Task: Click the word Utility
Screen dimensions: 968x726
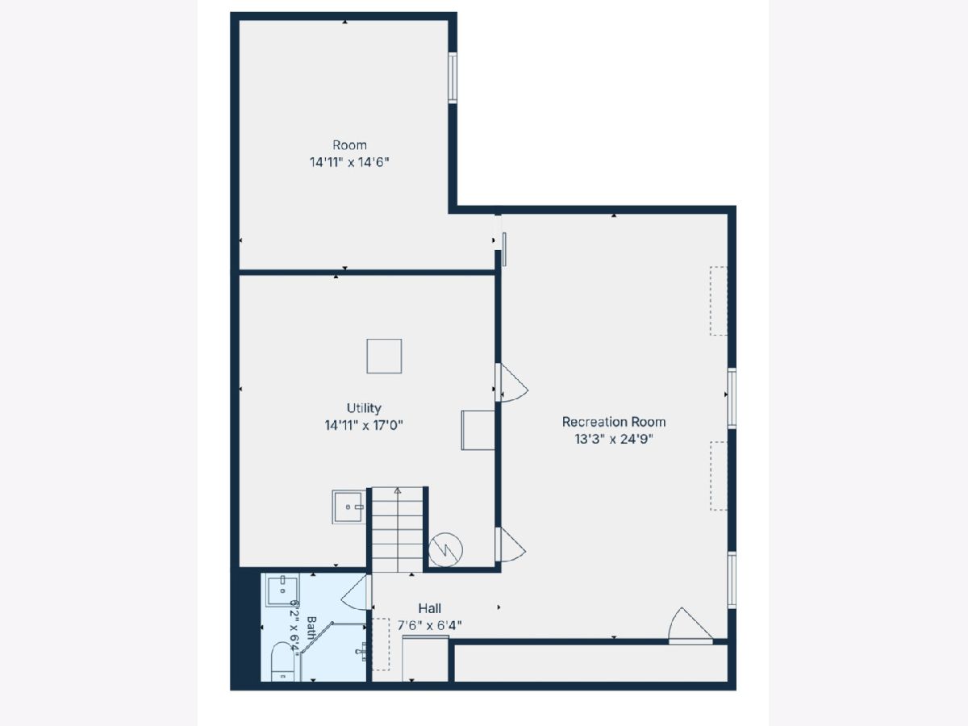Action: click(x=364, y=409)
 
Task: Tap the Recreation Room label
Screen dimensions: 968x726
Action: click(x=614, y=422)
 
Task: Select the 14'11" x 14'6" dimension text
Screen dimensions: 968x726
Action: click(x=349, y=162)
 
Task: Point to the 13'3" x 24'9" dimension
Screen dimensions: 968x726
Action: click(x=614, y=439)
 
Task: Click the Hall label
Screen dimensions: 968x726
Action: click(x=429, y=609)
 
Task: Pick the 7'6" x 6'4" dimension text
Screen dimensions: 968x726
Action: click(x=429, y=625)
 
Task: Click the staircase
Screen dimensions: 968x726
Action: click(x=398, y=529)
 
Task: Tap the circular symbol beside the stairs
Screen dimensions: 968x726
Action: click(x=445, y=550)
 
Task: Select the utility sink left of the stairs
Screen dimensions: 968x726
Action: click(x=348, y=507)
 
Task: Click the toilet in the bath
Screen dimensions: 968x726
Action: click(x=282, y=661)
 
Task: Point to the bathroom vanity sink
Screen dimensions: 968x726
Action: click(x=282, y=590)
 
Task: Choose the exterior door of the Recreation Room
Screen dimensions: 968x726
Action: click(x=691, y=626)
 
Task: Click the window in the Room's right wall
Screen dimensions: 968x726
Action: click(x=453, y=77)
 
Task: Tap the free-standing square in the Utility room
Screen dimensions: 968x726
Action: click(x=384, y=357)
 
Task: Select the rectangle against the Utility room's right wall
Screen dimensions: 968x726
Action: click(x=478, y=430)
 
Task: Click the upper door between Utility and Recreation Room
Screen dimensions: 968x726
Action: click(x=511, y=382)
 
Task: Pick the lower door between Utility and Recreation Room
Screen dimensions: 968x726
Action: click(x=511, y=544)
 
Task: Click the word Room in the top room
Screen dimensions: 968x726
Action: click(x=349, y=145)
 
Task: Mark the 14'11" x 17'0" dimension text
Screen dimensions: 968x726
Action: click(x=364, y=425)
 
